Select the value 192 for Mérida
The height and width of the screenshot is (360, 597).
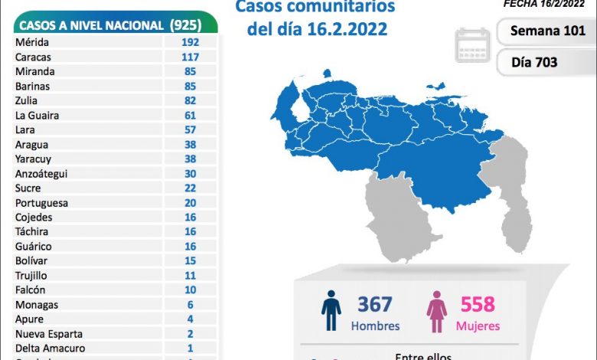point(191,42)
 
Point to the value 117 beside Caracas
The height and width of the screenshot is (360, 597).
point(191,57)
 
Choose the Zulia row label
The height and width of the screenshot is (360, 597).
point(26,100)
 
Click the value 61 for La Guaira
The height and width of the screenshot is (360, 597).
point(191,115)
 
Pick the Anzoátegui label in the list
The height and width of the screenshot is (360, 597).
point(41,173)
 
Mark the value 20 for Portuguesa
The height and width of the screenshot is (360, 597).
point(191,202)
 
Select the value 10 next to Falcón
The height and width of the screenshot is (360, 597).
point(191,290)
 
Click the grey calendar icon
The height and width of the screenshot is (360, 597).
point(472,44)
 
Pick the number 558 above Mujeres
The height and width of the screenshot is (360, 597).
point(478,305)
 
